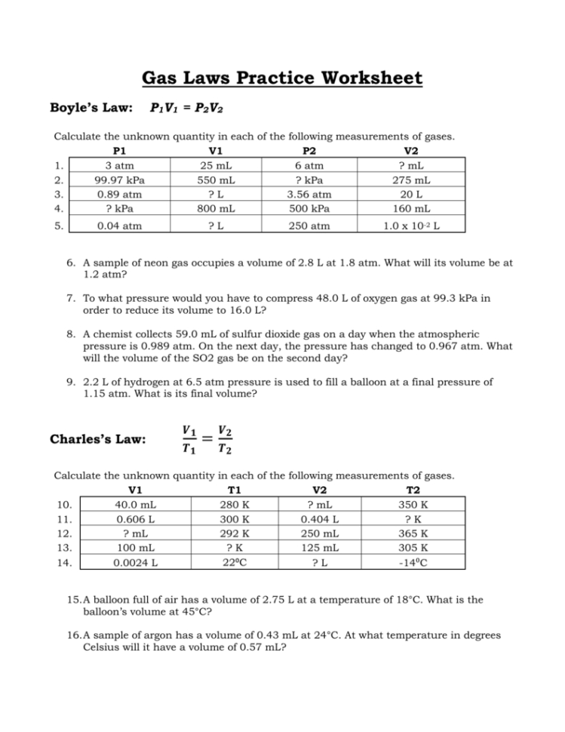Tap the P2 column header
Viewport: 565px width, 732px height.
[x=309, y=151]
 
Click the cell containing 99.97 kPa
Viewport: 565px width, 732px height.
[x=121, y=180]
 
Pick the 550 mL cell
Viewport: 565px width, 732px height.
[x=214, y=180]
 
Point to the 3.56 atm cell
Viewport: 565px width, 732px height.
[x=309, y=194]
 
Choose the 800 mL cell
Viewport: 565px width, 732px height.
[x=214, y=208]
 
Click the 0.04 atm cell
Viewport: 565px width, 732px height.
[x=121, y=225]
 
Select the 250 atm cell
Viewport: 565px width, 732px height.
[x=309, y=225]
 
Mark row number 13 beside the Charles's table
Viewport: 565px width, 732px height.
[x=65, y=548]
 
